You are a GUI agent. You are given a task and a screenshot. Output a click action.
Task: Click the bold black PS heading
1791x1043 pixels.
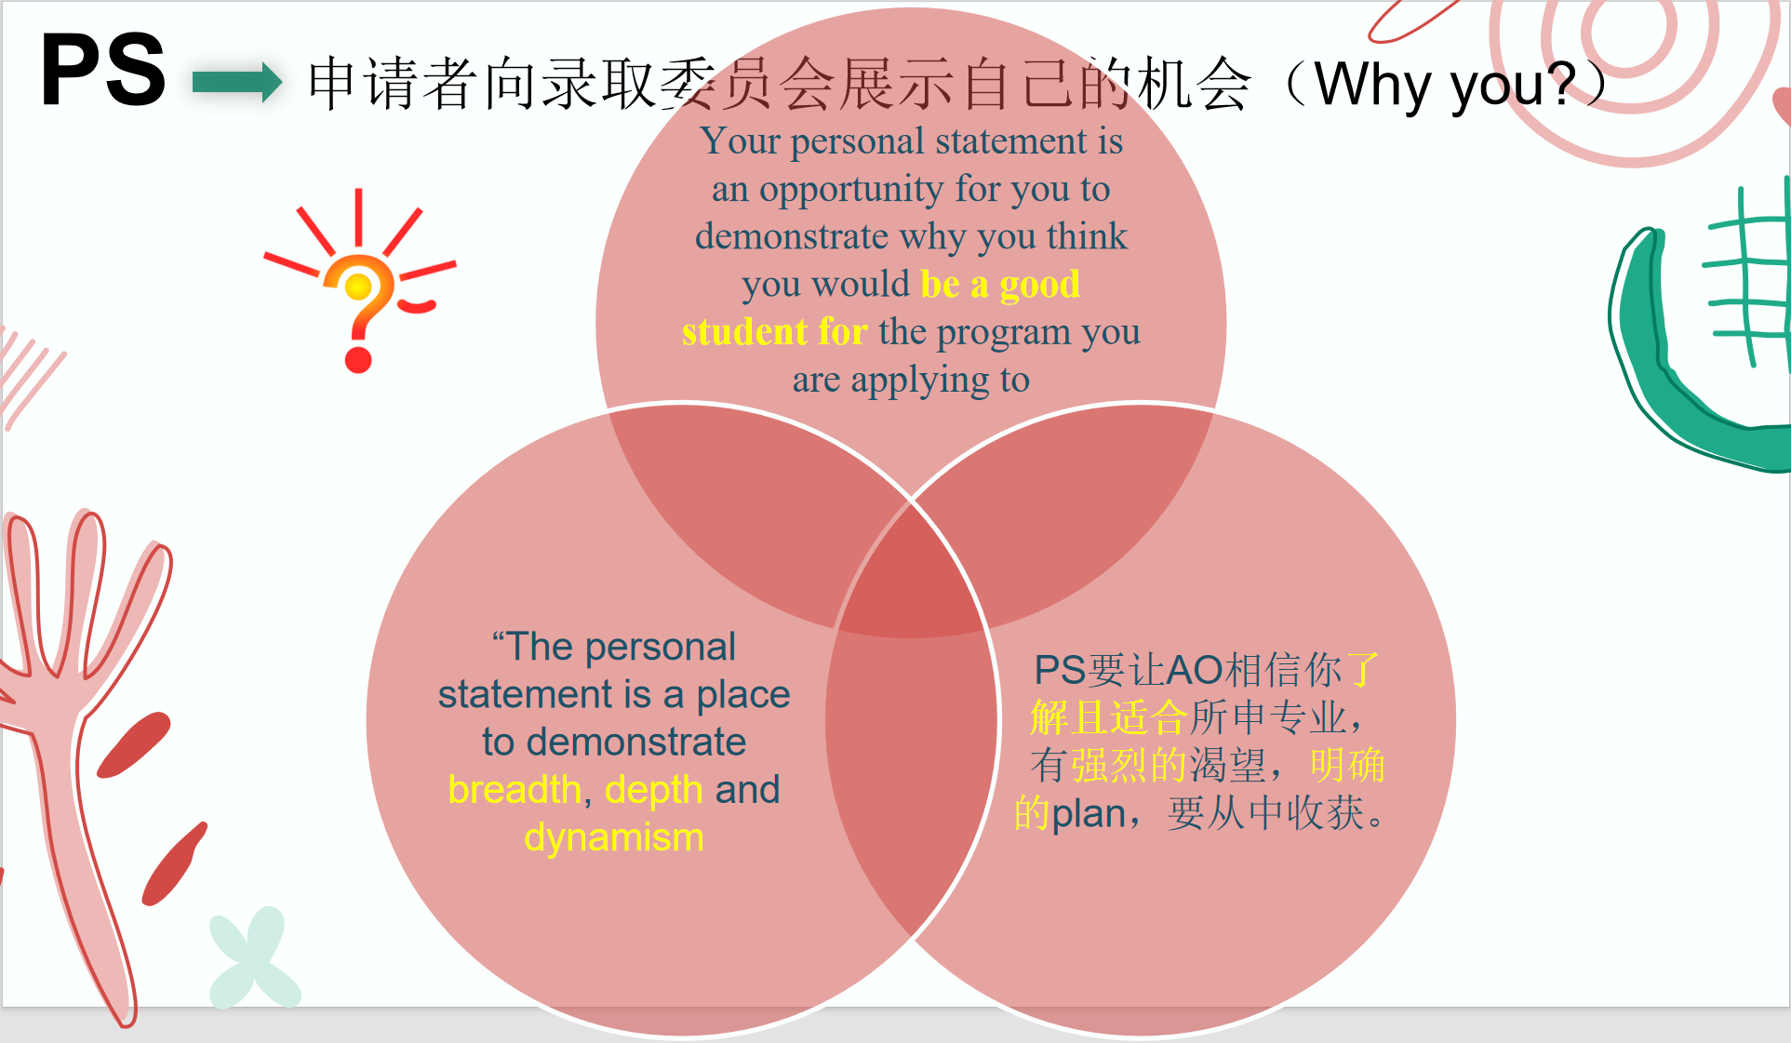click(x=103, y=70)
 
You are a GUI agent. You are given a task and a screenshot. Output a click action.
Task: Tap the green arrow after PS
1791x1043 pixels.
click(x=237, y=82)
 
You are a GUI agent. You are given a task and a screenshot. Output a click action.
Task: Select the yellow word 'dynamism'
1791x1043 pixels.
click(x=614, y=837)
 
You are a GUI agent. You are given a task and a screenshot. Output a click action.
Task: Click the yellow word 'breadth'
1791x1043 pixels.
click(x=515, y=789)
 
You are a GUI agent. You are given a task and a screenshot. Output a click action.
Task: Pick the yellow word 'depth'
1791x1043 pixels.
click(x=653, y=790)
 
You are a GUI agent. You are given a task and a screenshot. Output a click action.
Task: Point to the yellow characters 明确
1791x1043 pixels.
click(x=1347, y=766)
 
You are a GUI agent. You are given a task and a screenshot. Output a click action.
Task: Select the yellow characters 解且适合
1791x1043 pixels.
click(x=1108, y=717)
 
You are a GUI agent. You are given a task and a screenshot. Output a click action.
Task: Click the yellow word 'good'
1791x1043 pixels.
click(x=1040, y=285)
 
